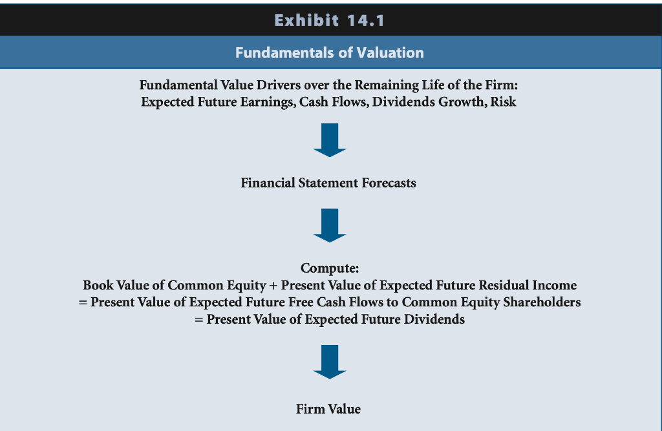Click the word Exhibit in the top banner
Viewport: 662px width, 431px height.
coord(301,21)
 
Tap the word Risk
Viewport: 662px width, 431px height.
coord(504,101)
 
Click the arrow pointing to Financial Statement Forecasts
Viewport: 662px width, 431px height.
coord(330,140)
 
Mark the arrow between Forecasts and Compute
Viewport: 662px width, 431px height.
coord(330,225)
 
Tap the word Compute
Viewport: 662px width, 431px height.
coord(330,268)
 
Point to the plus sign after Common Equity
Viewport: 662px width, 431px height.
coord(273,285)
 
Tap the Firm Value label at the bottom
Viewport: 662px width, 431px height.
coord(328,409)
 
